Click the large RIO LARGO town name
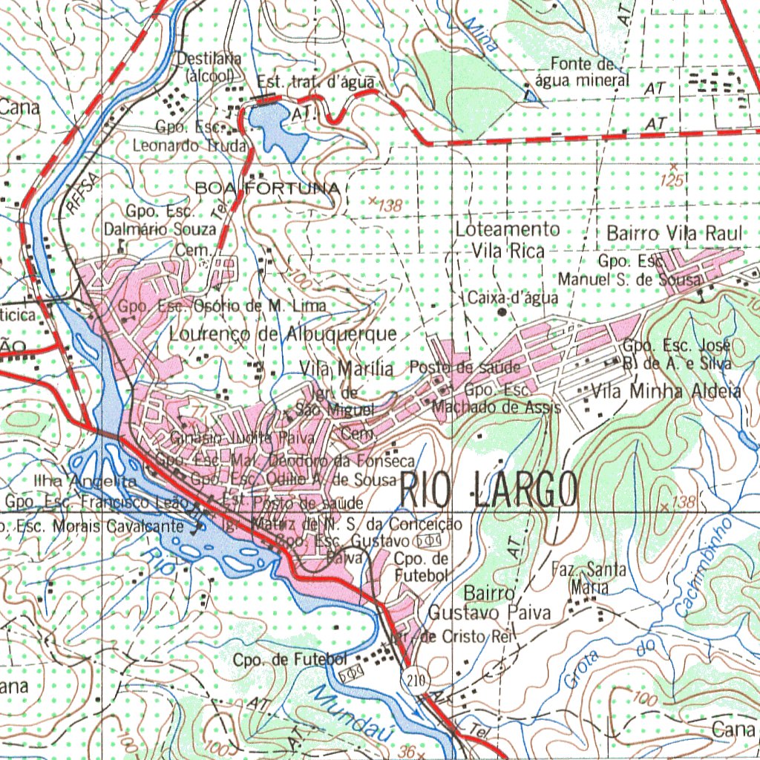489,490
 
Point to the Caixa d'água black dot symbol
502,312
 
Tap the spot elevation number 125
673,180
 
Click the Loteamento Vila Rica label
508,240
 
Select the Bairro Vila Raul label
674,233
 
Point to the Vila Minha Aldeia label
666,391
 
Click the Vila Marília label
347,368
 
